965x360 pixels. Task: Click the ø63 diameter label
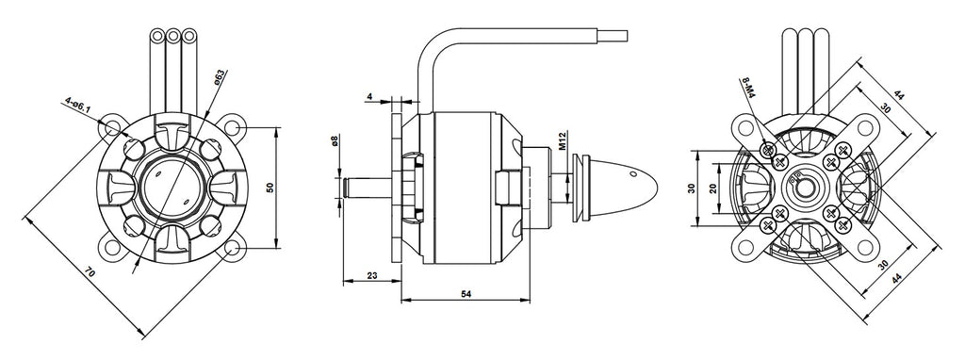(219, 77)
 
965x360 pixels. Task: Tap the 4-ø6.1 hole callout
(77, 106)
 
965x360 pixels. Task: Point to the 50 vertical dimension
(269, 188)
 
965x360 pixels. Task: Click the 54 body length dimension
(466, 295)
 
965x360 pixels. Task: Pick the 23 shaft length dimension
(371, 276)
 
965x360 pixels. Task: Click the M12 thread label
(563, 140)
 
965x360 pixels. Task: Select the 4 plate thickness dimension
(369, 97)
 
